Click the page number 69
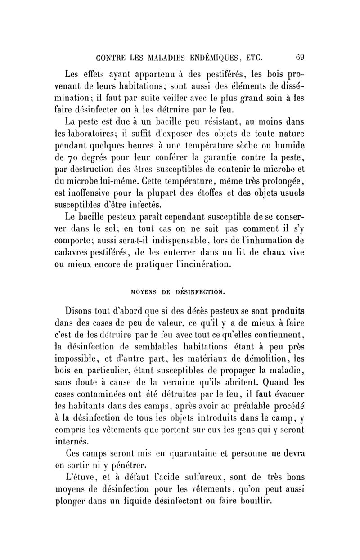click(x=301, y=58)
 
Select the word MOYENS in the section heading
click(x=144, y=291)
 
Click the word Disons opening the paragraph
click(x=82, y=311)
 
